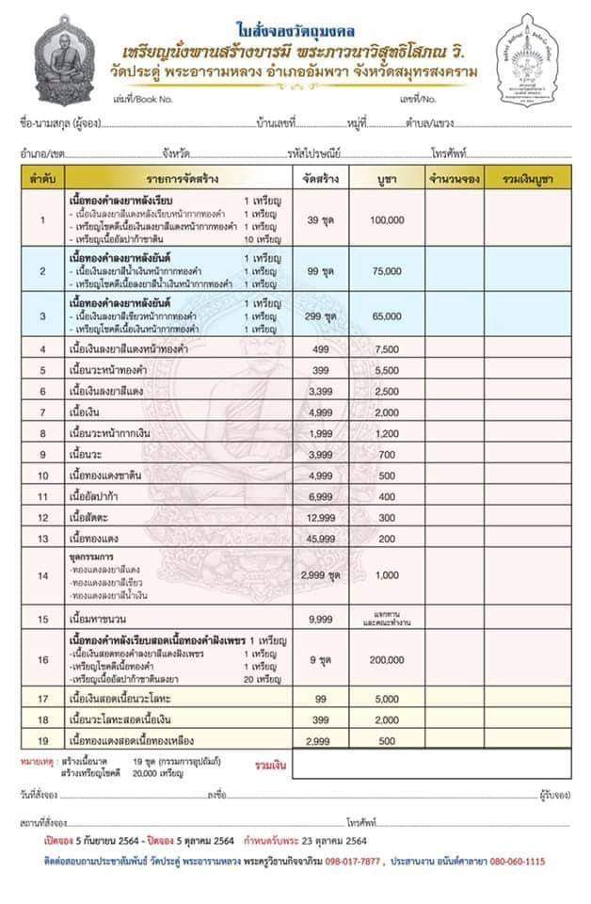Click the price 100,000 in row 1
click(x=387, y=219)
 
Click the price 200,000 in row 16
click(x=387, y=661)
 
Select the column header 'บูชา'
click(x=387, y=177)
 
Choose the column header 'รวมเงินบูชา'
click(x=527, y=177)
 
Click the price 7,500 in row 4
click(x=387, y=349)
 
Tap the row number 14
click(x=41, y=575)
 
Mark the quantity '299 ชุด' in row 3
click(x=322, y=318)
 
